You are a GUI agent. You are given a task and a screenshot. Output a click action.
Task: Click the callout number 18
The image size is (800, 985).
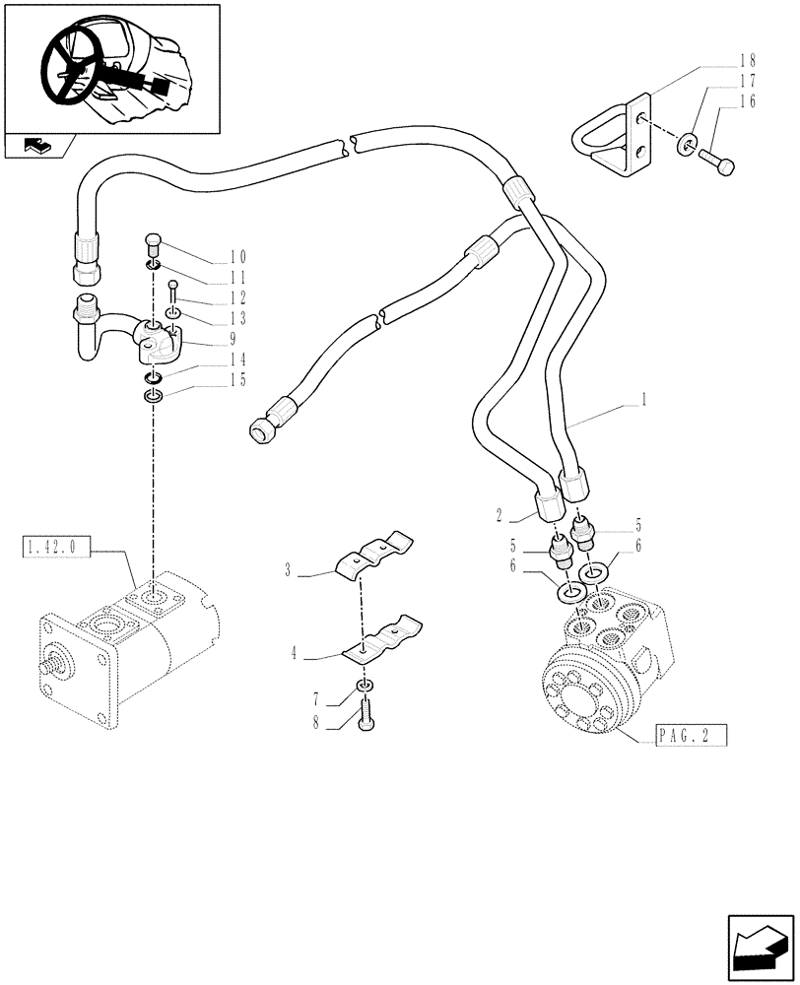748,61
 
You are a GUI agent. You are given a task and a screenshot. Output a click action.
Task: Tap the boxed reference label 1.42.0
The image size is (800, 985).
55,544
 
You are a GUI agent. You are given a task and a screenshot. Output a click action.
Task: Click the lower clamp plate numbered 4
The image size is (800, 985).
382,637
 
